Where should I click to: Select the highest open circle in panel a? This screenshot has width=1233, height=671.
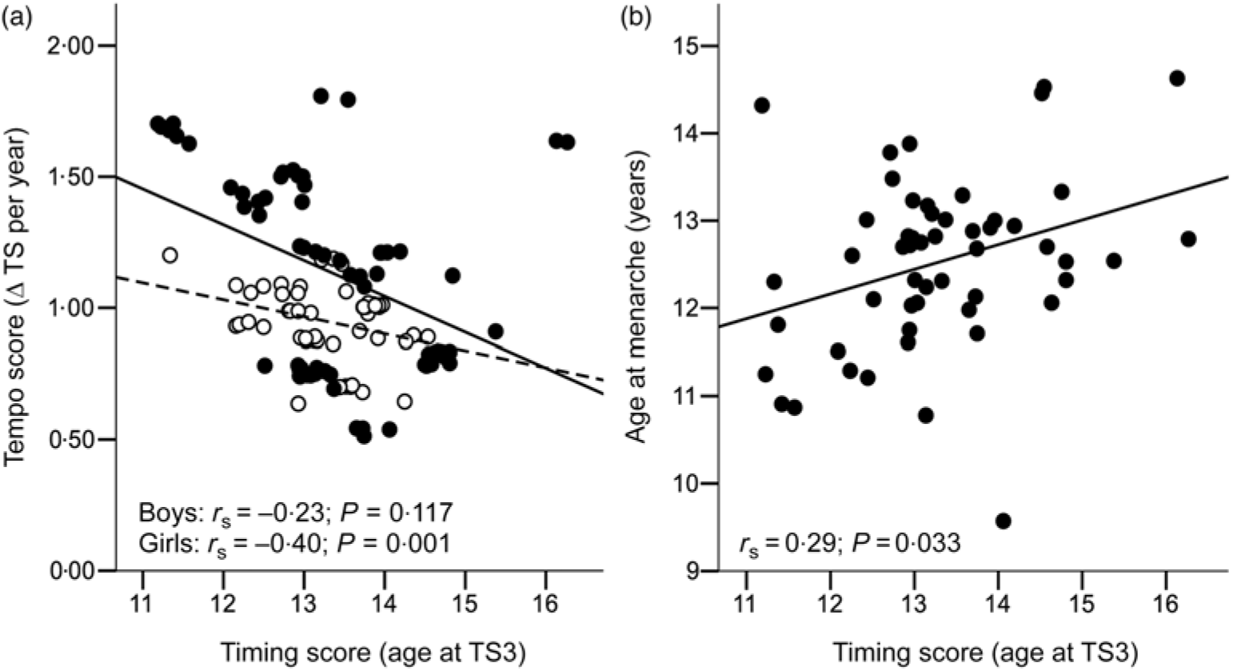169,255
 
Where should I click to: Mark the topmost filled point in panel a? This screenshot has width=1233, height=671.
321,96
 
